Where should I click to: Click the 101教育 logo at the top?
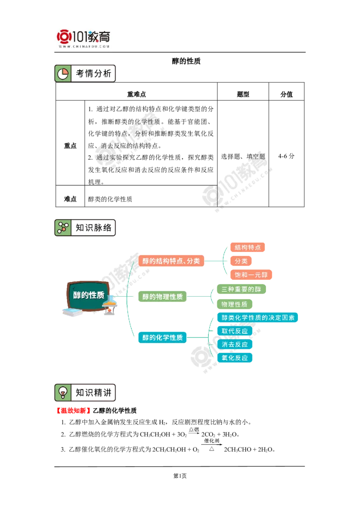tap(85, 38)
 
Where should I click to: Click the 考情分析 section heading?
tap(93, 73)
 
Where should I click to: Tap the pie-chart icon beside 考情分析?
tap(63, 74)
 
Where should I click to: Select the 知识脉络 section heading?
tap(93, 228)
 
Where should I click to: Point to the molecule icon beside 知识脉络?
tap(63, 228)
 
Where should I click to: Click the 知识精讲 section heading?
tap(93, 393)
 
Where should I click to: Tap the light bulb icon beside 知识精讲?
tap(63, 393)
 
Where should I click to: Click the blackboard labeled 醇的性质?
tap(89, 295)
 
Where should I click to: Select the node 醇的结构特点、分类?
tap(171, 261)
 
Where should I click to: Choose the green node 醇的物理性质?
tap(162, 297)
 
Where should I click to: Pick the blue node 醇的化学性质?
tap(162, 337)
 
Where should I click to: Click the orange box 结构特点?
tap(247, 247)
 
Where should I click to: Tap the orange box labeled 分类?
tap(241, 261)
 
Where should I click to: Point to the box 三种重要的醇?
tap(241, 289)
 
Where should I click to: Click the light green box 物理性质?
tap(234, 304)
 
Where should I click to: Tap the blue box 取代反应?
tap(234, 331)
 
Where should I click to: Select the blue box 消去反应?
tap(234, 344)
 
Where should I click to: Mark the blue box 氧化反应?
tap(234, 358)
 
